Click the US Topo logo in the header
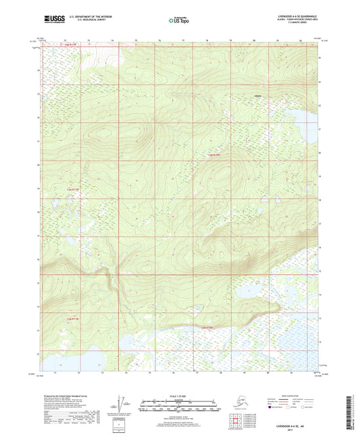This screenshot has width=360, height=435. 179,20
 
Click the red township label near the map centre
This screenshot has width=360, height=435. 214,157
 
